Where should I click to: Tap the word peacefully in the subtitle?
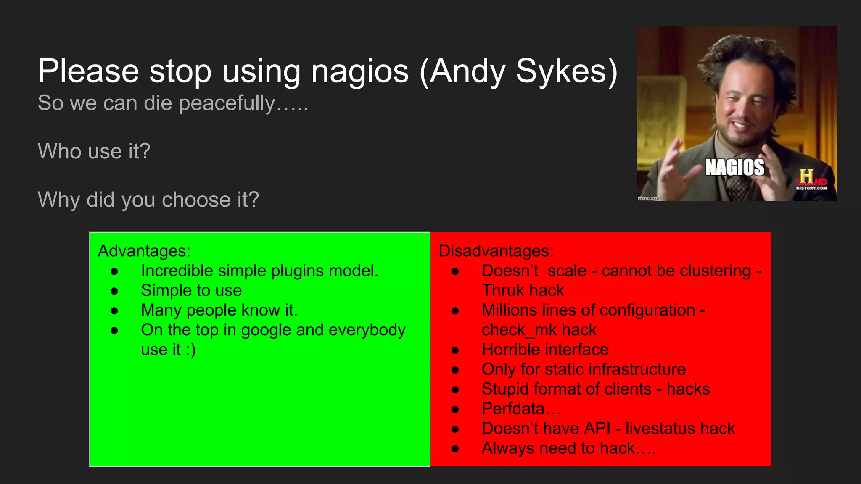coord(227,103)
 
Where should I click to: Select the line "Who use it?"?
coord(94,151)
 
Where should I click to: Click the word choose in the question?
coord(196,200)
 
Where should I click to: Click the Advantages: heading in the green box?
coord(144,251)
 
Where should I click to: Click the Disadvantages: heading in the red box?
coord(496,251)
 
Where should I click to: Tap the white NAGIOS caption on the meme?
coord(734,167)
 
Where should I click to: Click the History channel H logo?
coord(806,176)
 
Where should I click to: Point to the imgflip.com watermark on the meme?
coord(648,198)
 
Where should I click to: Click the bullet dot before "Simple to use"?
coord(114,291)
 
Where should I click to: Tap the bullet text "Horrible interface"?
coord(545,350)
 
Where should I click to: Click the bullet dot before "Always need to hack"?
coord(455,449)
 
